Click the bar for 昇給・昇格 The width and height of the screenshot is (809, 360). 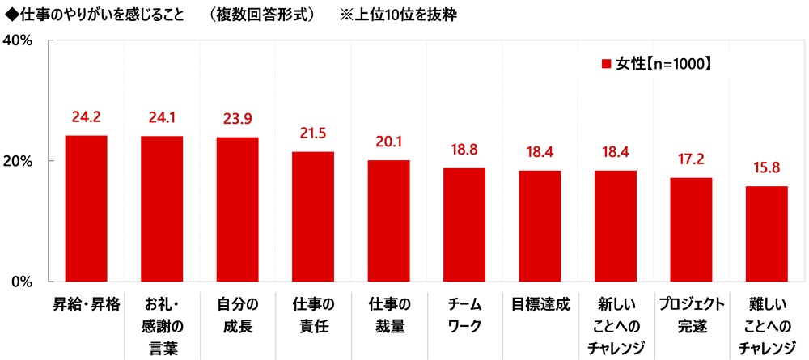coord(86,208)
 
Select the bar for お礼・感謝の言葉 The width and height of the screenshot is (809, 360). coord(162,209)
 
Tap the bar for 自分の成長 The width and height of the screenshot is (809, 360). coord(237,209)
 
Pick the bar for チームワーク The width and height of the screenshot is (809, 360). coord(464,224)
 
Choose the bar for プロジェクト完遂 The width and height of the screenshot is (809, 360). coord(691,229)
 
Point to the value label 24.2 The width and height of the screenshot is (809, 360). coord(86,117)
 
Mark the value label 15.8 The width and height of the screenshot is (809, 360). coord(766,168)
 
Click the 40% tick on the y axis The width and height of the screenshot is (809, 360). coord(17,40)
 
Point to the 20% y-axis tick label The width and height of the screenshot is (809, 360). coord(17,160)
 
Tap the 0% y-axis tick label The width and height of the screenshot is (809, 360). coord(21,282)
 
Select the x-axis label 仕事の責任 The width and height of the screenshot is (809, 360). coord(313,316)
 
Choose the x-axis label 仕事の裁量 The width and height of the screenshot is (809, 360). coord(388,316)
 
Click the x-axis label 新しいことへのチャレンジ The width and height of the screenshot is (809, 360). coord(615,326)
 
